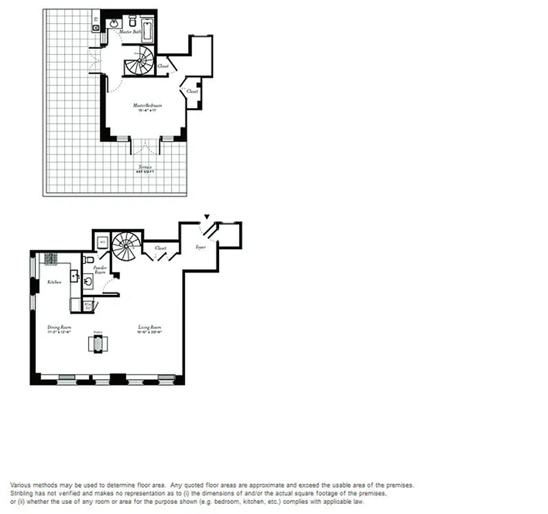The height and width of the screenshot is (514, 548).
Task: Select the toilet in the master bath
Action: tap(133, 20)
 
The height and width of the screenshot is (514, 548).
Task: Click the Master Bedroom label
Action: tap(147, 105)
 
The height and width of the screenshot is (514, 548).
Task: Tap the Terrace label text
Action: tap(146, 168)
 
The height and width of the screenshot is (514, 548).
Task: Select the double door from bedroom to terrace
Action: tap(145, 146)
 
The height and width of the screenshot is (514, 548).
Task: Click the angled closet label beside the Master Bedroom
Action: tap(192, 92)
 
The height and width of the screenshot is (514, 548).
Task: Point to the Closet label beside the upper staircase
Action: tap(163, 66)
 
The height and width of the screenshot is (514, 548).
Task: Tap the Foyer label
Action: tap(200, 247)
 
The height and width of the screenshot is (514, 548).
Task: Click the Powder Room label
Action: tap(100, 269)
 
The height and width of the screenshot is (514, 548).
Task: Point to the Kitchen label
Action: tap(55, 282)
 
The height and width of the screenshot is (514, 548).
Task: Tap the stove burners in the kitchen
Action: tap(51, 258)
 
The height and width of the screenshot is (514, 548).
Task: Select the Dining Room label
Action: tap(58, 328)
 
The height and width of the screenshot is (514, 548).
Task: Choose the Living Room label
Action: tap(149, 328)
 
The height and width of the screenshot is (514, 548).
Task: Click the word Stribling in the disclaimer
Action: tap(22, 493)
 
